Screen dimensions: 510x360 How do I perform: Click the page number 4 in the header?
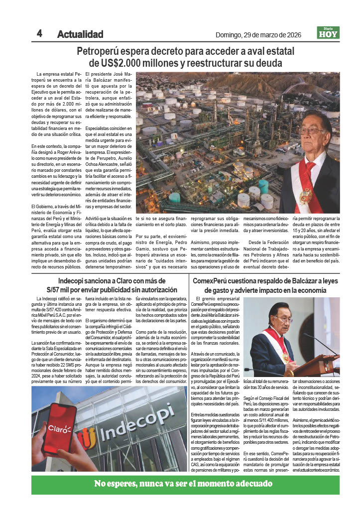[x=39, y=33]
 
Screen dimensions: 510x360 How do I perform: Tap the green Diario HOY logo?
[x=328, y=33]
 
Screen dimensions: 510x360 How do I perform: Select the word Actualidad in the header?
[x=80, y=34]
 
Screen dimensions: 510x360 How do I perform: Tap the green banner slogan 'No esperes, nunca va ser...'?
[x=184, y=484]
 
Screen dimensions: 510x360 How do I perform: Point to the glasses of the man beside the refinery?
[x=311, y=130]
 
